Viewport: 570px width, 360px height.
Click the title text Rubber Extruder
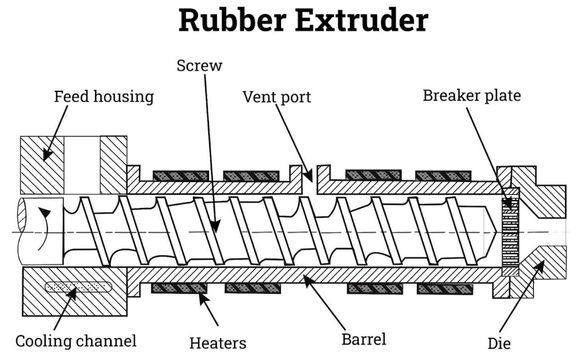[285, 22]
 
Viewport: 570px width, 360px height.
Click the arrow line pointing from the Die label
[520, 300]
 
